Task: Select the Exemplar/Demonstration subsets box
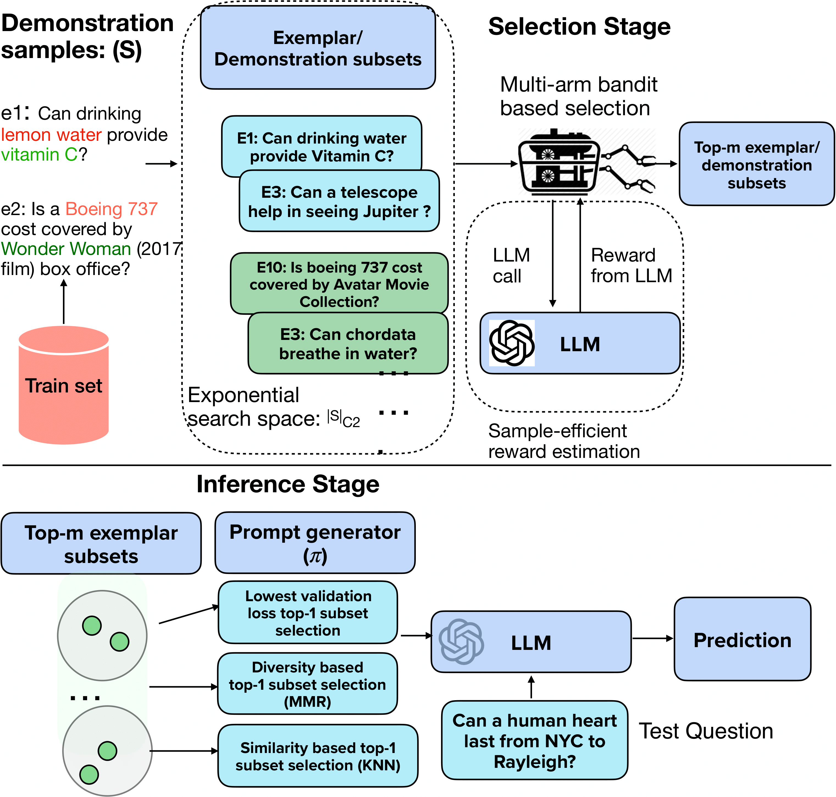point(318,48)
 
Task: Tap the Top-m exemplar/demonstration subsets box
point(756,164)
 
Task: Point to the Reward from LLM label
point(631,265)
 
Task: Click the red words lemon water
point(51,135)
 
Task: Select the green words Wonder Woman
point(66,249)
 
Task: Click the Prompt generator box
point(315,543)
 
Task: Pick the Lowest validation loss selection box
point(308,613)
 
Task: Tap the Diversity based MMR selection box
point(308,684)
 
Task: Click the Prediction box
point(742,639)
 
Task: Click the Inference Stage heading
point(287,484)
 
